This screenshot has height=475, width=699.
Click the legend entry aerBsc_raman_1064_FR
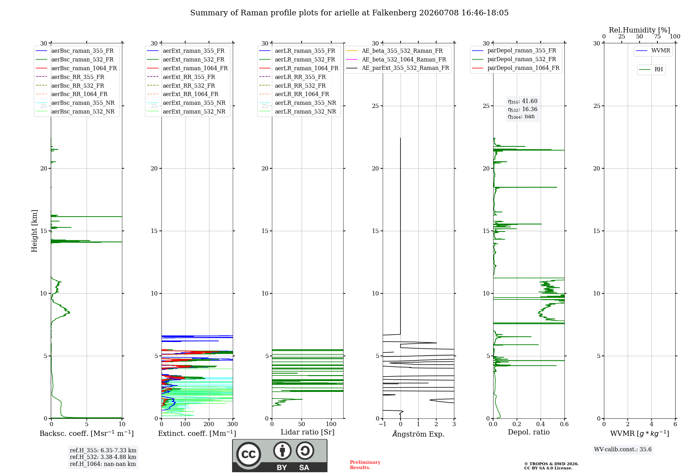click(76, 68)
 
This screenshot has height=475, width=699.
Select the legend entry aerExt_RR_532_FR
click(181, 86)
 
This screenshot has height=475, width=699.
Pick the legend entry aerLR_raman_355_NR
click(297, 103)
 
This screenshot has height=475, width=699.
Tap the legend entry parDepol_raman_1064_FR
click(516, 68)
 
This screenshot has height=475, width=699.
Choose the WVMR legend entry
click(653, 51)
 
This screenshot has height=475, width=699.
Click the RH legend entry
click(651, 70)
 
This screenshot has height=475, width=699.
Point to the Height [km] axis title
click(34, 231)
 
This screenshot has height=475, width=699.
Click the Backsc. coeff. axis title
click(87, 433)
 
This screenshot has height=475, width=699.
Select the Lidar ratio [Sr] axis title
click(308, 432)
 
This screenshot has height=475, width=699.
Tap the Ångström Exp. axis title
click(418, 434)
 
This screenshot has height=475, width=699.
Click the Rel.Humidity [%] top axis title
click(640, 30)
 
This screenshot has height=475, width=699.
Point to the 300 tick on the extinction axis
click(232, 424)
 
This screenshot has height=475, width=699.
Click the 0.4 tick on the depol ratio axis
click(541, 424)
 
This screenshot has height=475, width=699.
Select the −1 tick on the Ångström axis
click(382, 424)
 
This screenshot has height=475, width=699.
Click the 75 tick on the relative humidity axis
click(657, 36)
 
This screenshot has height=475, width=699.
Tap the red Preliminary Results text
click(365, 465)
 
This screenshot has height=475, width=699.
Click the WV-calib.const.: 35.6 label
click(623, 450)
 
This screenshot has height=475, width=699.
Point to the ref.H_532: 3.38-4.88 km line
click(103, 457)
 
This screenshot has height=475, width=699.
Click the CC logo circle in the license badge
click(249, 454)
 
